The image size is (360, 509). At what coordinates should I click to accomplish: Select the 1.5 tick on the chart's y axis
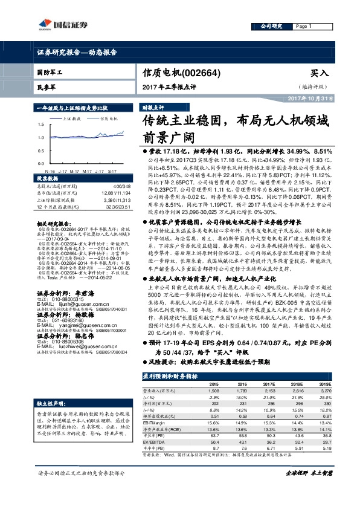[40, 124]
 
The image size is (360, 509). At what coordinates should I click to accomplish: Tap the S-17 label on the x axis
[113, 172]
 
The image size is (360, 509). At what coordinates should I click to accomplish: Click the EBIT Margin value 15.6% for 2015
[214, 421]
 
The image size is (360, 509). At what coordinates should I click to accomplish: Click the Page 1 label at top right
[303, 27]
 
